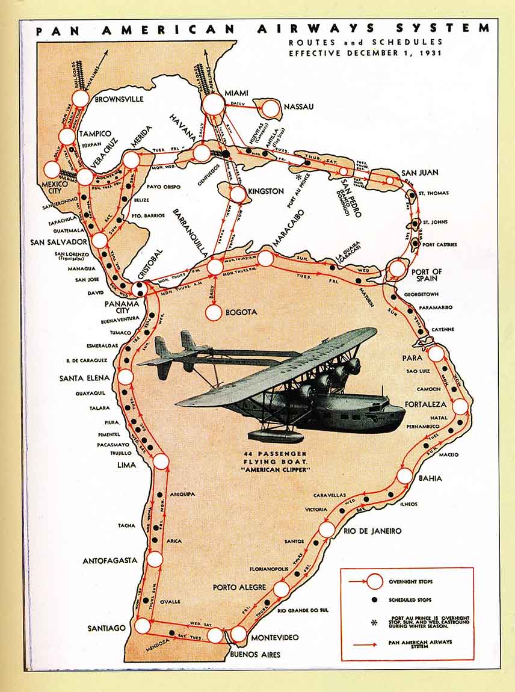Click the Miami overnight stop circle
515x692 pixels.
(213, 104)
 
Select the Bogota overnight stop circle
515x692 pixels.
(214, 313)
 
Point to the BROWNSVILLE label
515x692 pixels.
(119, 99)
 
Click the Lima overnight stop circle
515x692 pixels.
(161, 462)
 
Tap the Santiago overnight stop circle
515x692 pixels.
(143, 626)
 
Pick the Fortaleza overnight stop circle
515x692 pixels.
(460, 406)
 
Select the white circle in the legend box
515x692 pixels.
(375, 582)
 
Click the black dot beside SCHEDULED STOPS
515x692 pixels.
(374, 600)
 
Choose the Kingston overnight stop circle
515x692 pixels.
(238, 194)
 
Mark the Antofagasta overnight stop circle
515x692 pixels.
(155, 559)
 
